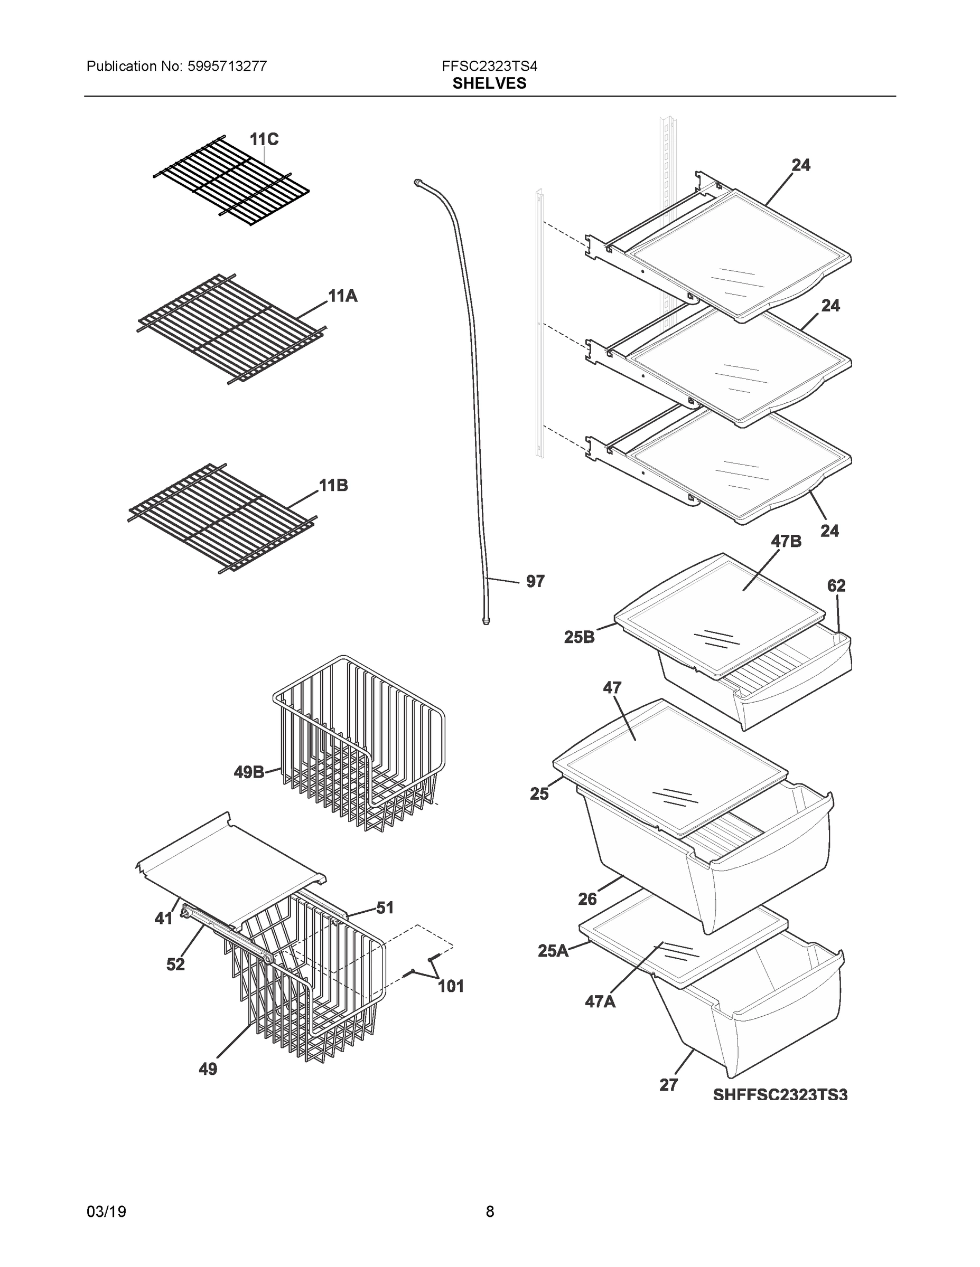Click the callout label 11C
pyautogui.click(x=264, y=139)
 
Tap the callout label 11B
pyautogui.click(x=333, y=485)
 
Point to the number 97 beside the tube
pyautogui.click(x=535, y=581)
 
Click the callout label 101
pyautogui.click(x=451, y=986)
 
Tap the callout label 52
pyautogui.click(x=175, y=964)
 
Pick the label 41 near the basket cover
pyautogui.click(x=164, y=919)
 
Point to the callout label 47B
pyautogui.click(x=786, y=541)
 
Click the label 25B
pyautogui.click(x=579, y=638)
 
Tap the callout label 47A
pyautogui.click(x=600, y=1001)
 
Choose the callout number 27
pyautogui.click(x=668, y=1085)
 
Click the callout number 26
pyautogui.click(x=587, y=899)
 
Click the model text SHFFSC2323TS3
pyautogui.click(x=780, y=1095)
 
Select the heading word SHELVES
pyautogui.click(x=489, y=83)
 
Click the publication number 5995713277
pyautogui.click(x=227, y=66)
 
